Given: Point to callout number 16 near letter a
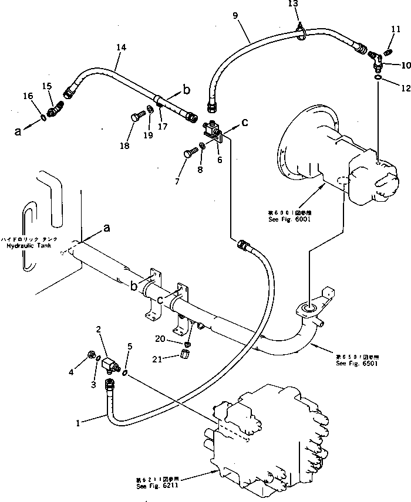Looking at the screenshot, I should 28,96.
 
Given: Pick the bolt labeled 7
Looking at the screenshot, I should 187,154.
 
